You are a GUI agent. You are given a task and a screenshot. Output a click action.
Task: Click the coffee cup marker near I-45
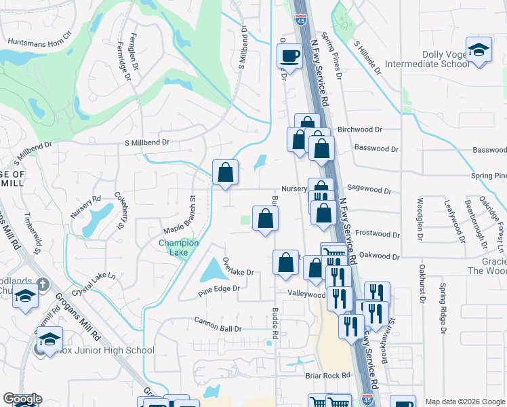click(x=289, y=56)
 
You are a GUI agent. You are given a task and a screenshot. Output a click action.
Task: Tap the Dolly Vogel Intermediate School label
click(x=427, y=59)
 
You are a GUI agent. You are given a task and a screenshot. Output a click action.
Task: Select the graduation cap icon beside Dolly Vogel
click(x=479, y=50)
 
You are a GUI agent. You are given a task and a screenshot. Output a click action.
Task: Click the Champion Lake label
click(x=178, y=248)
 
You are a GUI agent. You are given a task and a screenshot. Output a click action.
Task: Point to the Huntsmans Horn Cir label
click(x=39, y=42)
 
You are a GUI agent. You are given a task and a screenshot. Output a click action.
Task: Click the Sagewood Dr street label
click(x=369, y=191)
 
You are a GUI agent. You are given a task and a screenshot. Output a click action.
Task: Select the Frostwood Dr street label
click(x=378, y=234)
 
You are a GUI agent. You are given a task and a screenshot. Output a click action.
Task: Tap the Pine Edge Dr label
click(x=219, y=289)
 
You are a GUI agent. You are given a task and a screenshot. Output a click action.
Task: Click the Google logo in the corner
click(x=22, y=400)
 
